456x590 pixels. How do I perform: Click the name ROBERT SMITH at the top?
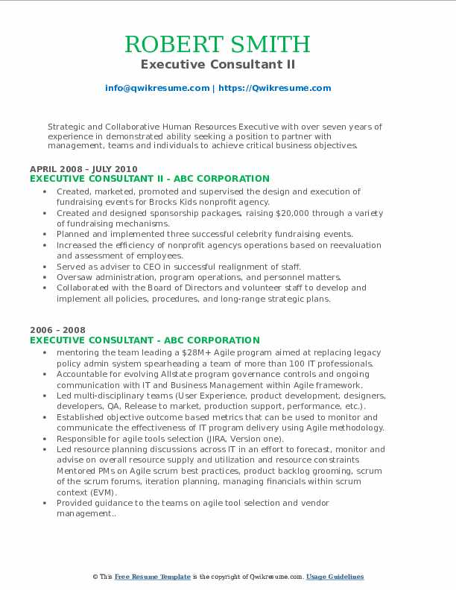point(218,44)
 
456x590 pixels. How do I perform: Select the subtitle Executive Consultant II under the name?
point(218,64)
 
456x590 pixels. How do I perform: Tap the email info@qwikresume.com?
point(157,88)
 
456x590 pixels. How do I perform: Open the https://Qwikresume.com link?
point(274,88)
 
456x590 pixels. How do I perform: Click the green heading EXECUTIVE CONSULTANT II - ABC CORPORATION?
point(149,179)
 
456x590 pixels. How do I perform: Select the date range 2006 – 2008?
point(57,330)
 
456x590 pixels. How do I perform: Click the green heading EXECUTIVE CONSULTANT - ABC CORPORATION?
point(145,340)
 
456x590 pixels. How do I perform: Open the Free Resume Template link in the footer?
point(153,577)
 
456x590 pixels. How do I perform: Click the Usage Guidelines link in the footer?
point(335,577)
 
